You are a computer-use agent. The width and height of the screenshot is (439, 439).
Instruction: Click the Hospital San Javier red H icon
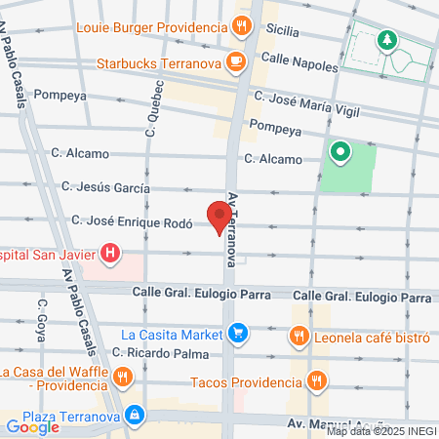click(x=111, y=254)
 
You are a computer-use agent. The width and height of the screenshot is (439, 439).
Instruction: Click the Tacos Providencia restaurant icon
click(x=315, y=380)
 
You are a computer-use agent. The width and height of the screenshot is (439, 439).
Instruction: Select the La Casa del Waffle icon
click(x=122, y=377)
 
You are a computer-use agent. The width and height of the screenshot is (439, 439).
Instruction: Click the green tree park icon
click(x=388, y=40)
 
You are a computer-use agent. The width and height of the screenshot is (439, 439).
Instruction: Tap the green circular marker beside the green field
click(x=339, y=151)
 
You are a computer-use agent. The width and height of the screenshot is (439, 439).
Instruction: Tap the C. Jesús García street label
click(x=105, y=185)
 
